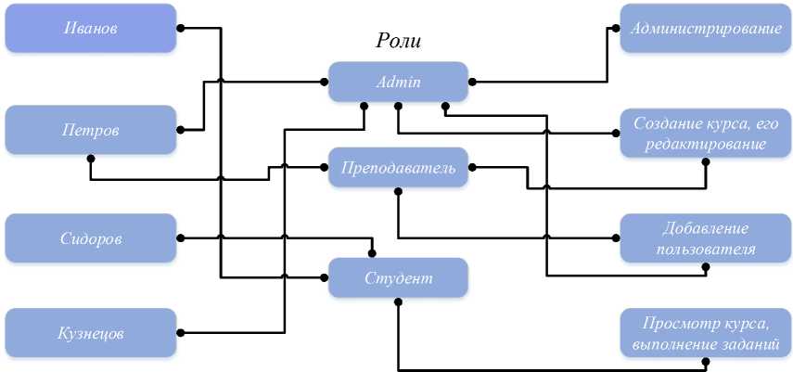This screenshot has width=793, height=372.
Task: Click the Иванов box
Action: pyautogui.click(x=90, y=28)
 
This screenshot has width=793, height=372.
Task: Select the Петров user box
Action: pyautogui.click(x=90, y=129)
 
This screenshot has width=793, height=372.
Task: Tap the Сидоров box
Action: pyautogui.click(x=90, y=237)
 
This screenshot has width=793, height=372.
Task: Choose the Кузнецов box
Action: pyautogui.click(x=90, y=332)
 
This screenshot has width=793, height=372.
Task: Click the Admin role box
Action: pyautogui.click(x=398, y=82)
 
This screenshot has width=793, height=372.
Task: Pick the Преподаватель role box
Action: pyautogui.click(x=398, y=168)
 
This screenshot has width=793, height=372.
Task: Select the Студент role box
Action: pyautogui.click(x=398, y=277)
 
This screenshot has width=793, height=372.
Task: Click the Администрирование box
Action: pyautogui.click(x=705, y=28)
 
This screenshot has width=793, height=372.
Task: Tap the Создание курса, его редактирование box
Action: pyautogui.click(x=705, y=134)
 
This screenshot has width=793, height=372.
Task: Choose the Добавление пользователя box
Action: pyautogui.click(x=705, y=237)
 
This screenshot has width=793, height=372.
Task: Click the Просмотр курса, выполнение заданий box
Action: pyautogui.click(x=705, y=332)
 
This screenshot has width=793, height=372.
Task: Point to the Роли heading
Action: pyautogui.click(x=398, y=40)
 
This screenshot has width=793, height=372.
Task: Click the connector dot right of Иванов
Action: pyautogui.click(x=181, y=28)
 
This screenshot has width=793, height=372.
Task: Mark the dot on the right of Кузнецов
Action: pyautogui.click(x=181, y=332)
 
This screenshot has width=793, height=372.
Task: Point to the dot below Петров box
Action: pyautogui.click(x=90, y=158)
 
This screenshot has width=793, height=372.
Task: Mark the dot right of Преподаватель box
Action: pyautogui.click(x=471, y=168)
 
